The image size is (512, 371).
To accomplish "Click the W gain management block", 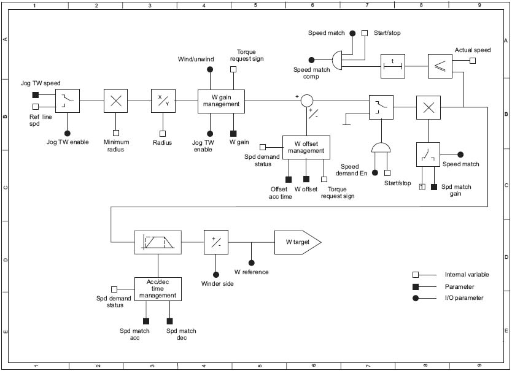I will pyautogui.click(x=221, y=101).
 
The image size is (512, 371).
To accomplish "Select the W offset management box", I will pyautogui.click(x=306, y=147).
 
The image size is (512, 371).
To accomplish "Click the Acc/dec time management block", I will pyautogui.click(x=158, y=289).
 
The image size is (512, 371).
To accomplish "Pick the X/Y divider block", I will pyautogui.click(x=163, y=101).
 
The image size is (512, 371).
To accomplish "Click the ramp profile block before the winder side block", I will pyautogui.click(x=158, y=242).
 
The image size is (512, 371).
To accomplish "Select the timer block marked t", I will pyautogui.click(x=393, y=64).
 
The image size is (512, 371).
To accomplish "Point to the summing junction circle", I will pyautogui.click(x=307, y=101).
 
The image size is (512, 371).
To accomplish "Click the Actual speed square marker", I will pyautogui.click(x=473, y=61).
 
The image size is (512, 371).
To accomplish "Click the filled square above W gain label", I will pyautogui.click(x=233, y=133).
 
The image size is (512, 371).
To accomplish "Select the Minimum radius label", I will pyautogui.click(x=116, y=145).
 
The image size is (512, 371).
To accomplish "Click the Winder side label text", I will pyautogui.click(x=217, y=284).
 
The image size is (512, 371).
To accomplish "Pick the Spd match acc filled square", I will pyautogui.click(x=146, y=321).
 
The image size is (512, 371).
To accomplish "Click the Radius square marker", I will pyautogui.click(x=163, y=133).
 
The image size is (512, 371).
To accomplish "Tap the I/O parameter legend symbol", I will pyautogui.click(x=416, y=298).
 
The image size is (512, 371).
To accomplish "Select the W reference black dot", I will pyautogui.click(x=251, y=262).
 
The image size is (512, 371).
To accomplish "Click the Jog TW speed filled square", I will pyautogui.click(x=36, y=94).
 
